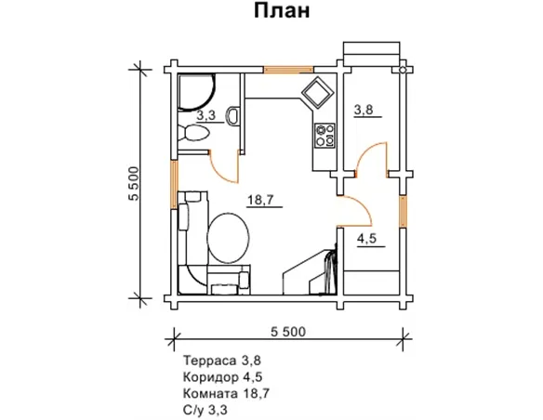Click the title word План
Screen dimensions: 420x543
(279, 12)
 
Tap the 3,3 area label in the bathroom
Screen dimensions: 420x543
(205, 115)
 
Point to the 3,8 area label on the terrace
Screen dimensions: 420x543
(364, 110)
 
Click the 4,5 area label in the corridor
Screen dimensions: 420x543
(368, 237)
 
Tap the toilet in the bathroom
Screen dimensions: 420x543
(196, 135)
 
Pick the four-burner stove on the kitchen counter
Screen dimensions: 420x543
(325, 136)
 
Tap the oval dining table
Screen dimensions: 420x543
(228, 239)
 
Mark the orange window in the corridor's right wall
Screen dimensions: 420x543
(402, 210)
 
